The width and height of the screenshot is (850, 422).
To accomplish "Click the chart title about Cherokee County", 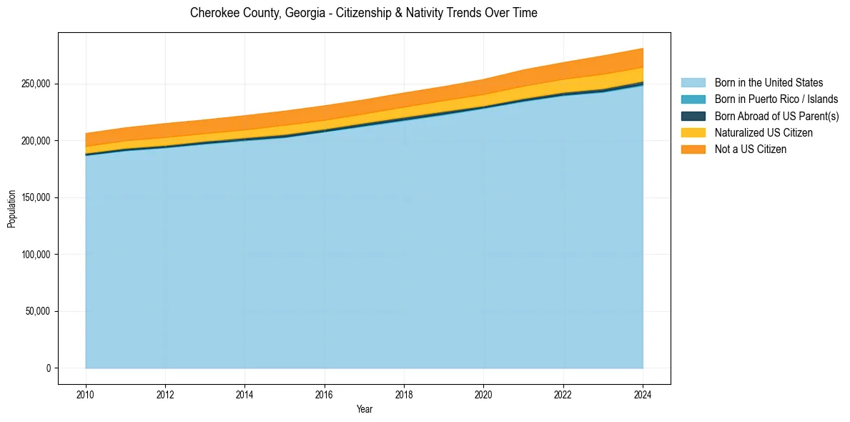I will point(363,13).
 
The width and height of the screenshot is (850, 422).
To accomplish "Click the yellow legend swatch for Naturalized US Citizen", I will point(693,133).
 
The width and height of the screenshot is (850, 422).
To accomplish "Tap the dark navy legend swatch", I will point(693,116).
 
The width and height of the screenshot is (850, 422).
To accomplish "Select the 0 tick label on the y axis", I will point(49,368).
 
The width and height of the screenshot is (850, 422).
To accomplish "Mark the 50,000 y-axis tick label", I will point(36,311).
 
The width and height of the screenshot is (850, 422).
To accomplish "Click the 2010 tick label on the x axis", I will point(86,393).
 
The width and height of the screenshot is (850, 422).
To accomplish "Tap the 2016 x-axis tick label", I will point(325,393).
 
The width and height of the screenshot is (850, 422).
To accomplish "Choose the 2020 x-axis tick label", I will point(484,393).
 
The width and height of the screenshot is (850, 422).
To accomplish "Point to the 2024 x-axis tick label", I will point(643,393).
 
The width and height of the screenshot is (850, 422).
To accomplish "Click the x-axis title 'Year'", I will point(364,409).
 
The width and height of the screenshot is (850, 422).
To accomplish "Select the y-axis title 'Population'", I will point(11,209).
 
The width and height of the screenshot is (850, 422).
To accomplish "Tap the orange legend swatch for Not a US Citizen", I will point(693,149).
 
